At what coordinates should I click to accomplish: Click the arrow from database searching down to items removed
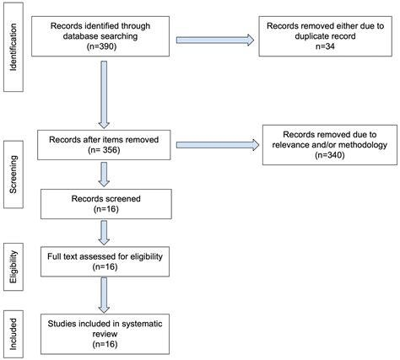coord(105,98)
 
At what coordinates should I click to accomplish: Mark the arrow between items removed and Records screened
coord(105,174)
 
